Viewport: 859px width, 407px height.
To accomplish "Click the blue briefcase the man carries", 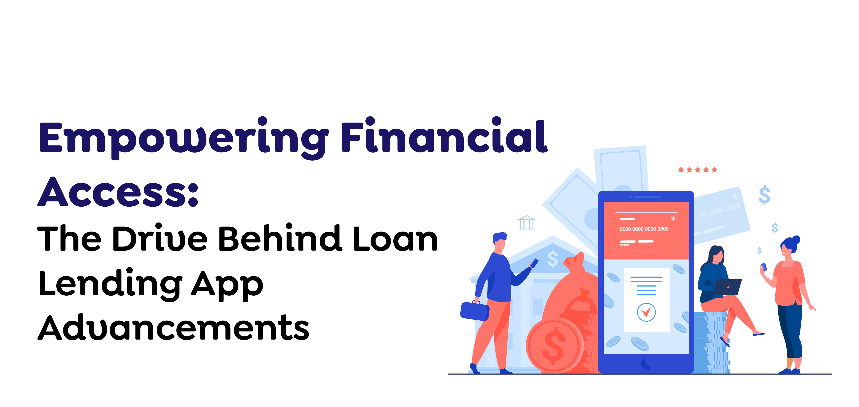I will (x=474, y=310).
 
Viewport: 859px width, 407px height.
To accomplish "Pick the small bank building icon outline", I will (x=526, y=223).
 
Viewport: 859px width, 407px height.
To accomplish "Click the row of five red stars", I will (x=697, y=170).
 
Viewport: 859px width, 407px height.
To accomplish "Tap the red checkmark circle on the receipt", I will (x=646, y=312).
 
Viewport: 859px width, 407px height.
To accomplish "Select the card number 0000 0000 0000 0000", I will (x=644, y=229).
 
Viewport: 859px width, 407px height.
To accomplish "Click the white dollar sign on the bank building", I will (x=553, y=259).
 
